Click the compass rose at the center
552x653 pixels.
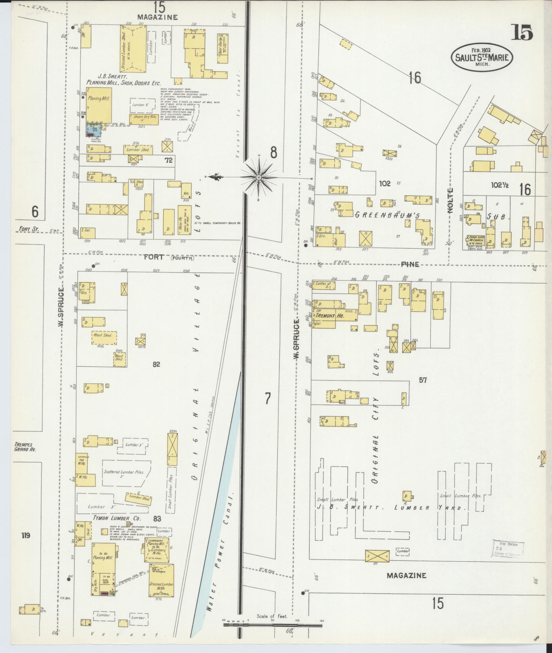pyautogui.click(x=259, y=178)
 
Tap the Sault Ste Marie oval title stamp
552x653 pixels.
pyautogui.click(x=481, y=57)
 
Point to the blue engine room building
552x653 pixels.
pyautogui.click(x=94, y=130)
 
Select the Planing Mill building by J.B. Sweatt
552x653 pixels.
pyautogui.click(x=99, y=105)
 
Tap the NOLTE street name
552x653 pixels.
pyautogui.click(x=450, y=205)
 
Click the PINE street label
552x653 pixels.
pyautogui.click(x=410, y=264)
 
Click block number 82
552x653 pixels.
pyautogui.click(x=156, y=365)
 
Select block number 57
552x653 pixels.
pyautogui.click(x=422, y=380)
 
